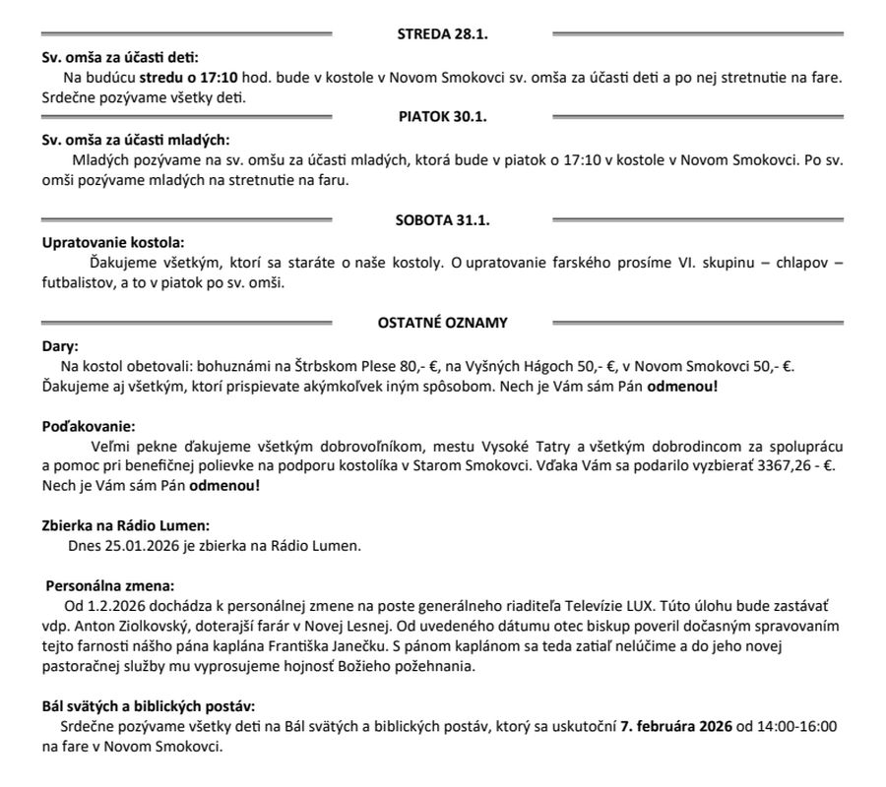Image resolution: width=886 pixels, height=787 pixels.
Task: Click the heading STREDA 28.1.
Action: point(442,34)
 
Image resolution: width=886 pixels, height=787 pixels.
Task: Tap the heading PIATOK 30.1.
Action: point(443,116)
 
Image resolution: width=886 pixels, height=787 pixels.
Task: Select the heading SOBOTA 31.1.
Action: point(443,219)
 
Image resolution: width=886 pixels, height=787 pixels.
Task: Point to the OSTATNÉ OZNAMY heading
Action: point(443,322)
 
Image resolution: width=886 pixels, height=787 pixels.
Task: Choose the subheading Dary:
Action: point(60,346)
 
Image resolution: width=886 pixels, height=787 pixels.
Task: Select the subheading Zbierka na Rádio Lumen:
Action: point(125,525)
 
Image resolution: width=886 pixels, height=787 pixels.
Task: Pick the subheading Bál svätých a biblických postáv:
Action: point(149,705)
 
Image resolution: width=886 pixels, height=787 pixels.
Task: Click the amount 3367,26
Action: point(790,466)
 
